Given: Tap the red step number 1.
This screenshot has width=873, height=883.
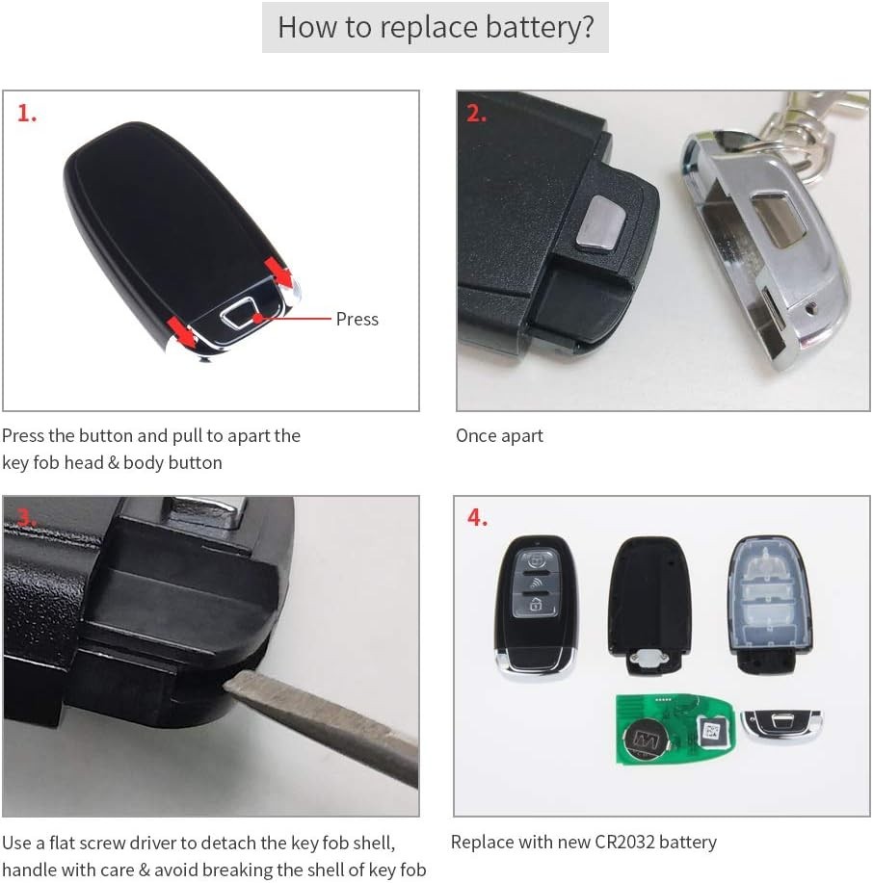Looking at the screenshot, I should (x=27, y=114).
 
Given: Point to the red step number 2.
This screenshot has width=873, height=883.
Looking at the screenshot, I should (x=476, y=114).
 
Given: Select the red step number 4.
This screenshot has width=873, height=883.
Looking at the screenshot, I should (x=477, y=518).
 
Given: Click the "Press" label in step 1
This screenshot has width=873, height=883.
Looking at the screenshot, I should (x=357, y=319).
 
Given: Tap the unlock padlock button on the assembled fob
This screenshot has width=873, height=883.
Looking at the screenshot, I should (x=532, y=603).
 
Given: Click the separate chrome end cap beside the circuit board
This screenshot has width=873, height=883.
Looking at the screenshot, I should (x=781, y=726).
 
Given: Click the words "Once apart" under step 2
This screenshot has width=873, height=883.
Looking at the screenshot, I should (x=499, y=436).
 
